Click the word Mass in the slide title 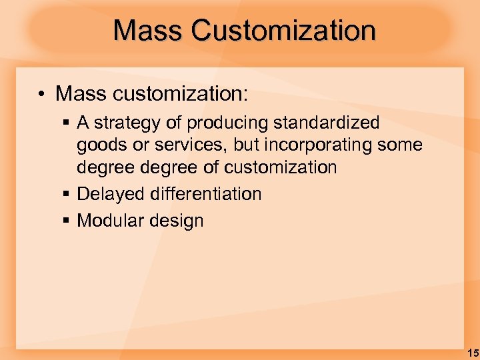tap(148, 30)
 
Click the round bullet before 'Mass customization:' tap(41, 94)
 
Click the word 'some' tap(400, 145)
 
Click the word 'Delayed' tap(111, 194)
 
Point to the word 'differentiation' tap(206, 194)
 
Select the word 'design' tap(178, 221)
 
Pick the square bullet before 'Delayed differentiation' tap(68, 195)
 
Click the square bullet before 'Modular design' tap(68, 221)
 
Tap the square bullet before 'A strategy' tap(68, 123)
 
